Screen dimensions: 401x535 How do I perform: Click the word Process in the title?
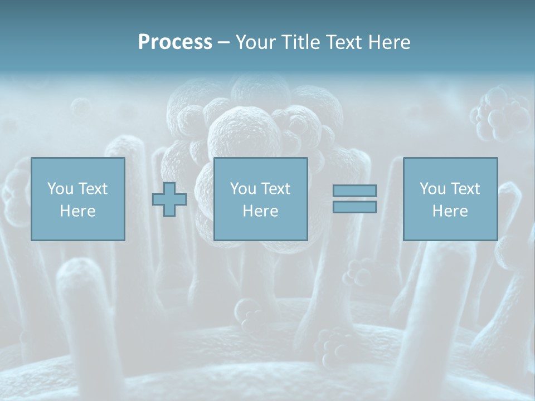[175, 42]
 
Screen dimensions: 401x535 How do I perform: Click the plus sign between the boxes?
[169, 199]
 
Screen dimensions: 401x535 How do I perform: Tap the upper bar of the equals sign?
[354, 190]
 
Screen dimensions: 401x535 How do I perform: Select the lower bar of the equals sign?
[354, 207]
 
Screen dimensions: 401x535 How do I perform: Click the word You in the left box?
[60, 189]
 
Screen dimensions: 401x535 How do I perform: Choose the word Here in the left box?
[77, 211]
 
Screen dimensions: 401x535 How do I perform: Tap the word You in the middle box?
[243, 189]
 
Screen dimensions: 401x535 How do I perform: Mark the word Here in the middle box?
[260, 211]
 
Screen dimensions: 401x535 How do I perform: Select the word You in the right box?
[432, 189]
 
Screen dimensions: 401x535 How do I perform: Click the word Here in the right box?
[450, 211]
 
